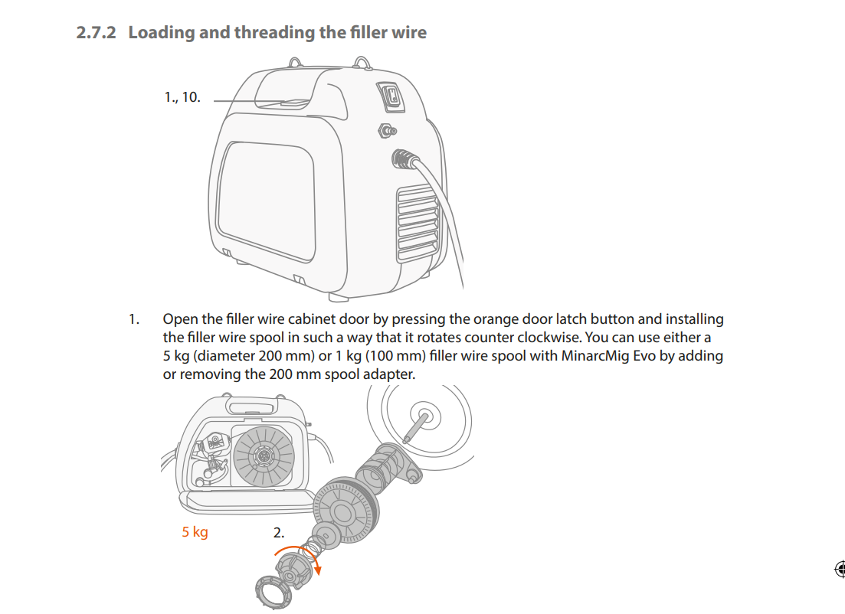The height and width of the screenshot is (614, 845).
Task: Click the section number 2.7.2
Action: click(x=96, y=32)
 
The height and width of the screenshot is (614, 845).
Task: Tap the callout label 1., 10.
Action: click(x=182, y=97)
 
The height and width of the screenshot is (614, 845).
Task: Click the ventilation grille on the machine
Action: click(x=418, y=222)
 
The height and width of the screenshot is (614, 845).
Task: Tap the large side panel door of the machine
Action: click(x=266, y=201)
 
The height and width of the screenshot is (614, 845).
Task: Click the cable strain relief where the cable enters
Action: click(x=404, y=159)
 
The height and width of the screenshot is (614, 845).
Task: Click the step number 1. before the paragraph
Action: click(x=134, y=319)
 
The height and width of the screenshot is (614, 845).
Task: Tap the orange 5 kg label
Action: click(x=195, y=532)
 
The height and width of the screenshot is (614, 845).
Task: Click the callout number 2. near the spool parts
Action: click(x=279, y=533)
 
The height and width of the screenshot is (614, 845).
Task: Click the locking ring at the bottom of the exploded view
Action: click(x=273, y=591)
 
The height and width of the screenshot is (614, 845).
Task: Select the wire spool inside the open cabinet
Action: click(x=264, y=456)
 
